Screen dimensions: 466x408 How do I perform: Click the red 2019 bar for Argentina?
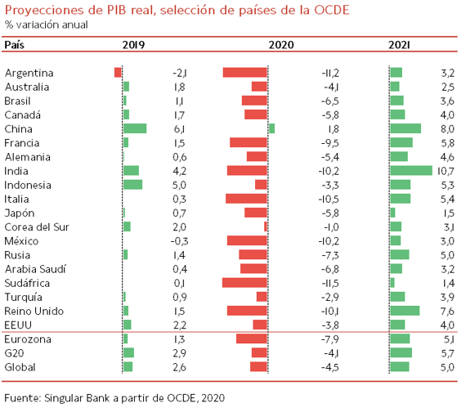118,73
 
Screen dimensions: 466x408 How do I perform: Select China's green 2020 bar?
271,128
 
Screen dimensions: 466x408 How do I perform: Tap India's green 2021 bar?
411,171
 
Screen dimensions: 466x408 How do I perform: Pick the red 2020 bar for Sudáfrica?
244,283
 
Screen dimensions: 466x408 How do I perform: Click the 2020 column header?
281,45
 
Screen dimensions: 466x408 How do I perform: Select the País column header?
14,45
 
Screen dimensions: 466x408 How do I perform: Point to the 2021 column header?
399,45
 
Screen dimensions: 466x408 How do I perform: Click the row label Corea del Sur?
37,227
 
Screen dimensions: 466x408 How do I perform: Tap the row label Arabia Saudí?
35,269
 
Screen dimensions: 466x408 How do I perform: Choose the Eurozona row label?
28,339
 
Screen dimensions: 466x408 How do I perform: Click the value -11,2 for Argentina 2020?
330,73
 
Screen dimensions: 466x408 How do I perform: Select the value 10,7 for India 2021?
446,171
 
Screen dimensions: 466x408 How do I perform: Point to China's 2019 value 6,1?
179,129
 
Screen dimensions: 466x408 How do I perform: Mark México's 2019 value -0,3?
179,241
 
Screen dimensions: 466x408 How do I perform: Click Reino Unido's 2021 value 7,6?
447,312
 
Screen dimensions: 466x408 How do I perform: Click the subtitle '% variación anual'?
46,25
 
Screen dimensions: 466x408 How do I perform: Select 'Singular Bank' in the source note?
77,397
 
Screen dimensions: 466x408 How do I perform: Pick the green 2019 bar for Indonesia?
132,185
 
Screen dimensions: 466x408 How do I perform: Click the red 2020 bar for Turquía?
262,297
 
